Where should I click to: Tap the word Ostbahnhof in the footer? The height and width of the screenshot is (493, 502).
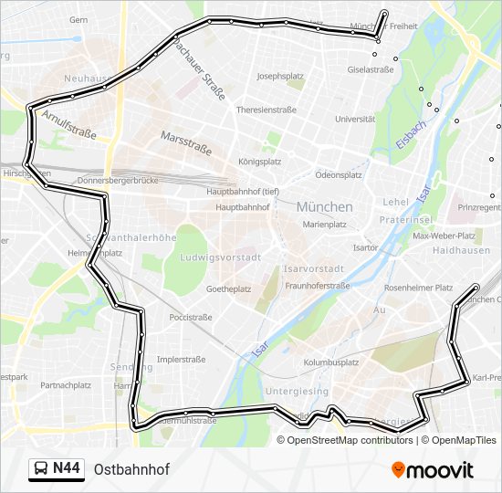(x=131, y=469)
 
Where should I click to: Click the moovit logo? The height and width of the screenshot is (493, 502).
(x=433, y=470)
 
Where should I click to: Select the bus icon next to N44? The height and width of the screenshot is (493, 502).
(x=41, y=469)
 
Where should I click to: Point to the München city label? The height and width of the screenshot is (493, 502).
(x=324, y=207)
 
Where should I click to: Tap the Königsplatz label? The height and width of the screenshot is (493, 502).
(x=259, y=162)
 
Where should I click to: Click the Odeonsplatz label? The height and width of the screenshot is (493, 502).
(x=339, y=174)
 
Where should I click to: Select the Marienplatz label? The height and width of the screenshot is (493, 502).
(x=325, y=224)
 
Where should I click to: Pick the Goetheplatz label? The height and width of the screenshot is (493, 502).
(x=229, y=288)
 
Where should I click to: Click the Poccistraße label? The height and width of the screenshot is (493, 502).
(x=190, y=318)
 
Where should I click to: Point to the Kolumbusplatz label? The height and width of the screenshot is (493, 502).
(x=330, y=362)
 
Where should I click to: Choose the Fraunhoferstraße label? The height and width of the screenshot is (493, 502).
(x=318, y=286)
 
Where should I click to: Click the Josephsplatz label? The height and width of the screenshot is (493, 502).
(x=280, y=77)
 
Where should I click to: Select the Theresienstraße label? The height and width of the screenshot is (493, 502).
(x=267, y=110)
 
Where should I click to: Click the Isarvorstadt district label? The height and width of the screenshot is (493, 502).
(x=313, y=268)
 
